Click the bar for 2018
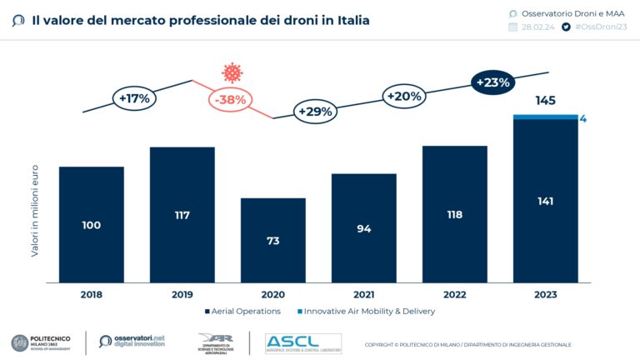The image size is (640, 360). [92, 224]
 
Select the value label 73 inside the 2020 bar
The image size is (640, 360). [273, 240]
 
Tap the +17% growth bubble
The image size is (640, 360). [134, 98]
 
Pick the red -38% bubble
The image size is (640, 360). [229, 100]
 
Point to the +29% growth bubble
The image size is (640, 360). [315, 111]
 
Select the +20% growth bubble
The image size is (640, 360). [404, 96]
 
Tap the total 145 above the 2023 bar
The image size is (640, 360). [546, 101]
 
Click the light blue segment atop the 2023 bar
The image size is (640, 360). [546, 117]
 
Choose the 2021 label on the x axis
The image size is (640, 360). [364, 294]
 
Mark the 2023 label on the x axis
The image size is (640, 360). [546, 294]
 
